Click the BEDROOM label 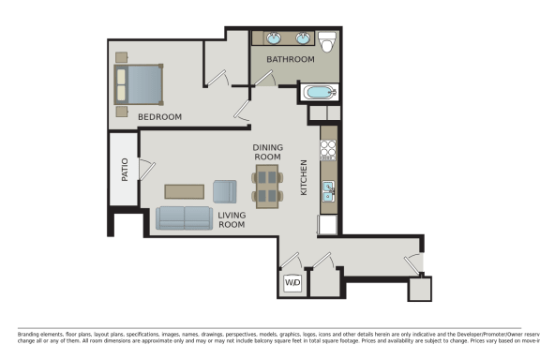point(159,117)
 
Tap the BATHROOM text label point(290,59)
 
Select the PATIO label point(124,169)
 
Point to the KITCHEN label point(304,177)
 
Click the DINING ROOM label point(267,153)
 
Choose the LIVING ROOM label point(232,220)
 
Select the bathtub point(319,93)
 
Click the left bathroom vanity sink point(274,38)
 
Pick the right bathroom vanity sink point(303,38)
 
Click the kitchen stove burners point(328,148)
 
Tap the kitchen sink point(329,191)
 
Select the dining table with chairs point(267,186)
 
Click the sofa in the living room point(184,218)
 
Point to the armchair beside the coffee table point(225,191)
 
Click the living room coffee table point(184,191)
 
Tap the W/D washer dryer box point(292,282)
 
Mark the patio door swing point(145,169)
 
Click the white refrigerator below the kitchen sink point(328,225)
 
